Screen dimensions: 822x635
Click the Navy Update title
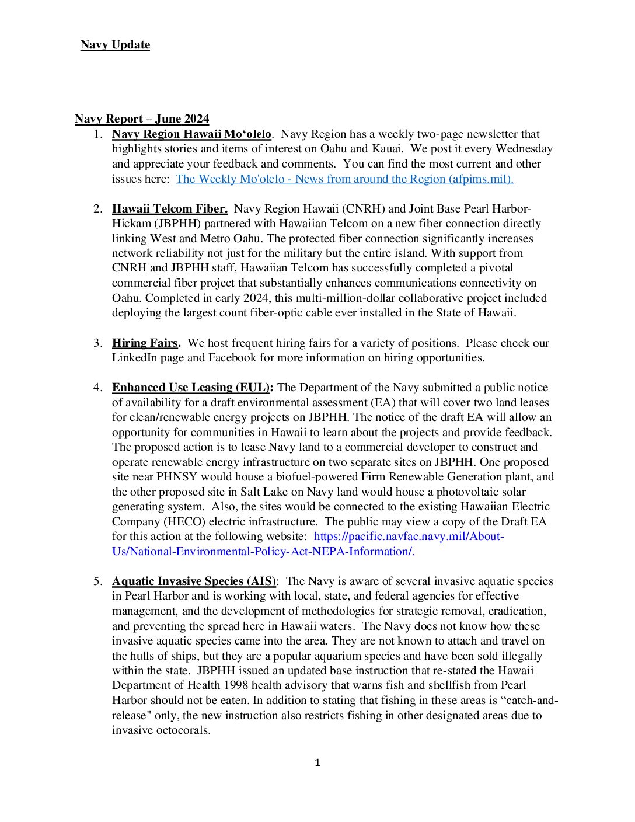pos(115,45)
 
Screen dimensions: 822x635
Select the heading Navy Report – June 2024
pos(142,119)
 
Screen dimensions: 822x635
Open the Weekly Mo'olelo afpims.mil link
pos(344,179)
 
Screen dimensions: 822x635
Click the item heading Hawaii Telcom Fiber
pos(170,209)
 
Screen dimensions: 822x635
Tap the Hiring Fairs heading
pos(146,343)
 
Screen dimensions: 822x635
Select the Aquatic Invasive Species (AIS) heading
pos(194,581)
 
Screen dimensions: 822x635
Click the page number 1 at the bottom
pos(317,762)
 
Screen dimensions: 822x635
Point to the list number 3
pos(97,343)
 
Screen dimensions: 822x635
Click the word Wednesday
pos(524,149)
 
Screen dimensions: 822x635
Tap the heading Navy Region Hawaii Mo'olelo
pos(191,134)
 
